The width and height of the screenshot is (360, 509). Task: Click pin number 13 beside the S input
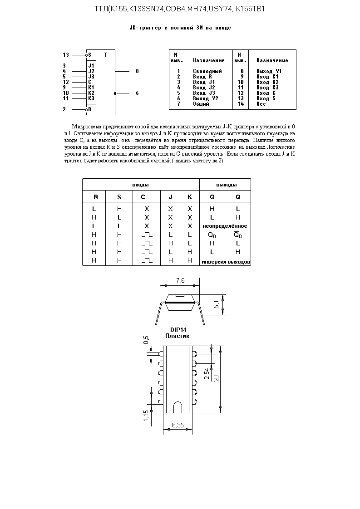[66, 55]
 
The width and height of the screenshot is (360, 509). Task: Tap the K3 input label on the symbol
[91, 98]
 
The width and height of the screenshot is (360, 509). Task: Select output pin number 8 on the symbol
[137, 71]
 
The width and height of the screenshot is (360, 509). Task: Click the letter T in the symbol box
[106, 55]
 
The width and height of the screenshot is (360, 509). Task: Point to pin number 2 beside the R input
[64, 109]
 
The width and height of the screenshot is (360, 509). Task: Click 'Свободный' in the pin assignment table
[207, 71]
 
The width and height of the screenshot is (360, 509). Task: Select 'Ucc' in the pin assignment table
[261, 104]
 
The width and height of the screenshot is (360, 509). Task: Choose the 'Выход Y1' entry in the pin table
[269, 71]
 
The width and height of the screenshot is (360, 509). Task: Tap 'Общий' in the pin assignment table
[201, 104]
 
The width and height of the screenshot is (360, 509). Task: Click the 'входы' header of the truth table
[140, 185]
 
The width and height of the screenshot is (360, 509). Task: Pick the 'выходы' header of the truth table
[226, 185]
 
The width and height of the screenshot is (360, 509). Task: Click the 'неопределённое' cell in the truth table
[225, 226]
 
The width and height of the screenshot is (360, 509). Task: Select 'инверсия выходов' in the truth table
[226, 262]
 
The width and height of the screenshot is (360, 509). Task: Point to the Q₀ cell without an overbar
[212, 235]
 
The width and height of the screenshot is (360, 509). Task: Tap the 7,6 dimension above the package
[180, 281]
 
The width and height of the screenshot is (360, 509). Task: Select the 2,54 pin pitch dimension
[207, 373]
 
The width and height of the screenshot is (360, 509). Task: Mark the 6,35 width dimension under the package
[178, 426]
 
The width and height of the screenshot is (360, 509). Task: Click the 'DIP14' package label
[177, 330]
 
